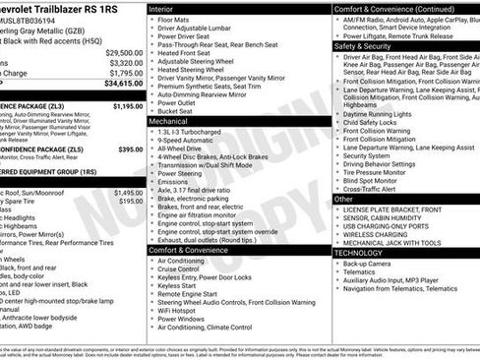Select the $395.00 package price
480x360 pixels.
click(131, 150)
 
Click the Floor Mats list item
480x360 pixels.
click(174, 20)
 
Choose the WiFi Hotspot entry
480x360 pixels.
click(181, 310)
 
